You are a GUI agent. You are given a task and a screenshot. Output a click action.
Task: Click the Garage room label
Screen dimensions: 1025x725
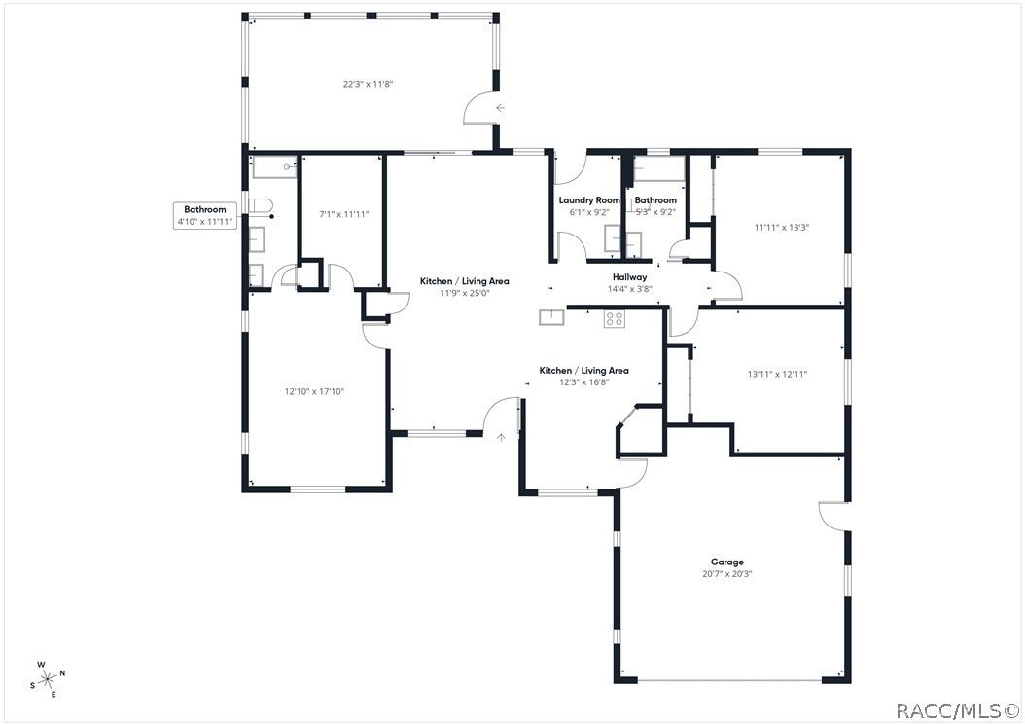pyautogui.click(x=726, y=562)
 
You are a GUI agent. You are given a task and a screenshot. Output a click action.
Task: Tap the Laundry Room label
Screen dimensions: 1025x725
pyautogui.click(x=589, y=200)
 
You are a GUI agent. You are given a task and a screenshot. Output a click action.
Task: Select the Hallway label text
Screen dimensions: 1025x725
pyautogui.click(x=629, y=277)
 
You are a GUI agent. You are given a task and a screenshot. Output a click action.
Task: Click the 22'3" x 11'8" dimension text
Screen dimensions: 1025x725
pyautogui.click(x=368, y=84)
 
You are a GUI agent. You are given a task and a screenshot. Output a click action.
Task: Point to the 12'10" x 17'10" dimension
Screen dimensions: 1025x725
pyautogui.click(x=314, y=392)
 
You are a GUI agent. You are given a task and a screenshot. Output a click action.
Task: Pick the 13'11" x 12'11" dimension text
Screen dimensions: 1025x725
pyautogui.click(x=777, y=375)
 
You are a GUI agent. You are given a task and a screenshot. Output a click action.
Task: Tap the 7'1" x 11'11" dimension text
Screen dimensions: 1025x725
pyautogui.click(x=344, y=214)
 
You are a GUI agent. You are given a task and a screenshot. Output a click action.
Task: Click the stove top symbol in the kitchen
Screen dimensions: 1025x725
pyautogui.click(x=614, y=318)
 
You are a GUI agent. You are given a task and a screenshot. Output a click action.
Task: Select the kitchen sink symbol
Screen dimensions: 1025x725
pyautogui.click(x=551, y=317)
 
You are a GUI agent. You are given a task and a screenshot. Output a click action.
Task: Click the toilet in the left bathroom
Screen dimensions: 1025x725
pyautogui.click(x=261, y=205)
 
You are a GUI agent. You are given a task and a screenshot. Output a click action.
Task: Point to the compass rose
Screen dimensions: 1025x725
pyautogui.click(x=48, y=679)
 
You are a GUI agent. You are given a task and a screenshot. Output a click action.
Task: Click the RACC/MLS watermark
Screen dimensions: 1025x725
pyautogui.click(x=957, y=710)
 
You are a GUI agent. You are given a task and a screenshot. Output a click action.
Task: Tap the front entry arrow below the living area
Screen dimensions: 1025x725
pyautogui.click(x=502, y=437)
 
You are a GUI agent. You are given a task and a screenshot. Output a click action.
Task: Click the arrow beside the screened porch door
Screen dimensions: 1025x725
pyautogui.click(x=500, y=108)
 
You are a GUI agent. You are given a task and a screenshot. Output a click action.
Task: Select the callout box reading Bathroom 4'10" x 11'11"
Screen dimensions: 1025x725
pyautogui.click(x=204, y=215)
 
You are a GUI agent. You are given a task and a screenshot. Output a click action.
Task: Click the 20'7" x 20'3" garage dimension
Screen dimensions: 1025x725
pyautogui.click(x=726, y=574)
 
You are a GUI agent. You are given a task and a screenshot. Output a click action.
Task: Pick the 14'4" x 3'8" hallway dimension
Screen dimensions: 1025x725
pyautogui.click(x=629, y=289)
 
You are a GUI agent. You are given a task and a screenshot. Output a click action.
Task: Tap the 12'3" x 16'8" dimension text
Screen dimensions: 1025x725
pyautogui.click(x=583, y=382)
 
